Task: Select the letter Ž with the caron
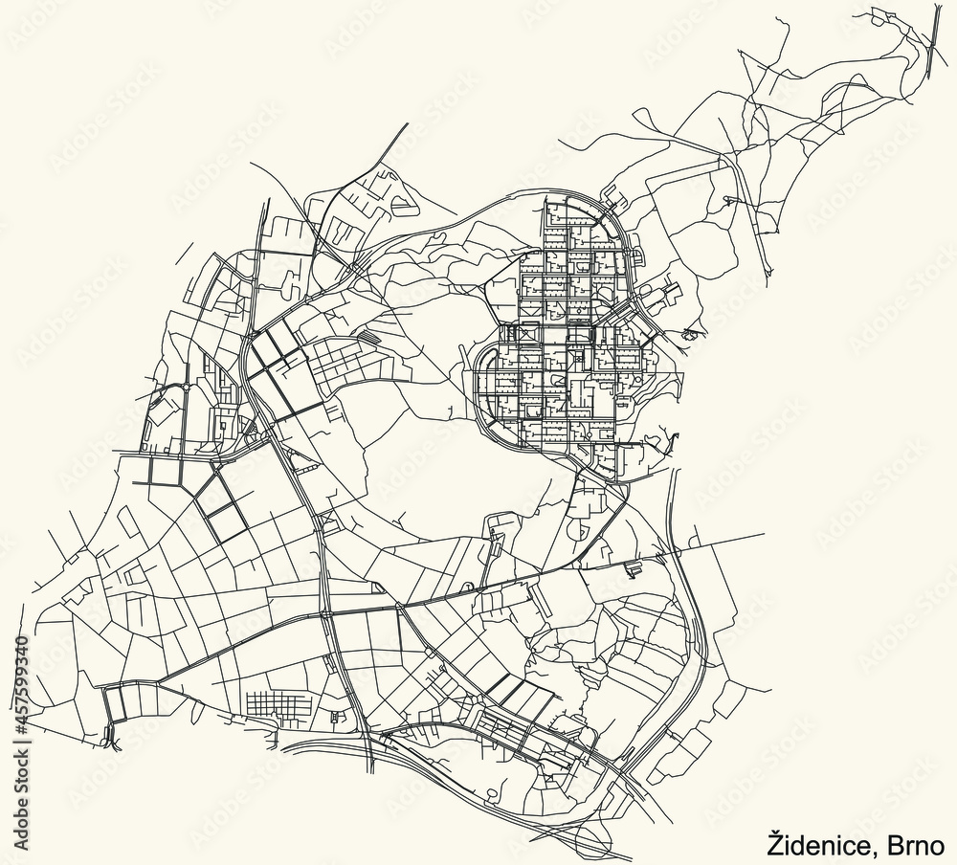point(775,843)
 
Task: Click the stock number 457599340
point(18,670)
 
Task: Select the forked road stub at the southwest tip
point(110,735)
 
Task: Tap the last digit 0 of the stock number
point(18,639)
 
